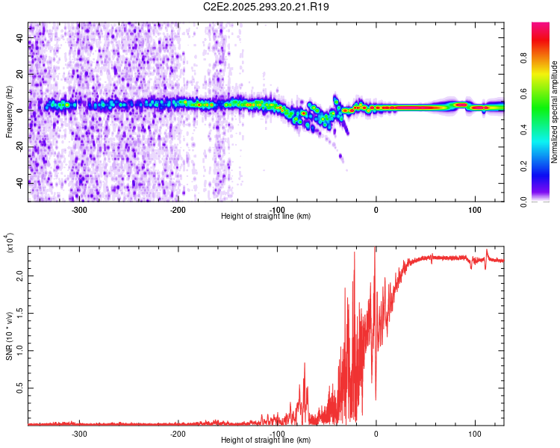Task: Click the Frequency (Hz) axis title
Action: pyautogui.click(x=8, y=111)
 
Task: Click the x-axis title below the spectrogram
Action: pyautogui.click(x=266, y=217)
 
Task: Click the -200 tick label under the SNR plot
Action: pyautogui.click(x=178, y=432)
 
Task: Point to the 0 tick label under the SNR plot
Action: pyautogui.click(x=376, y=432)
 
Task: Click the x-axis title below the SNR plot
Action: pyautogui.click(x=266, y=441)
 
